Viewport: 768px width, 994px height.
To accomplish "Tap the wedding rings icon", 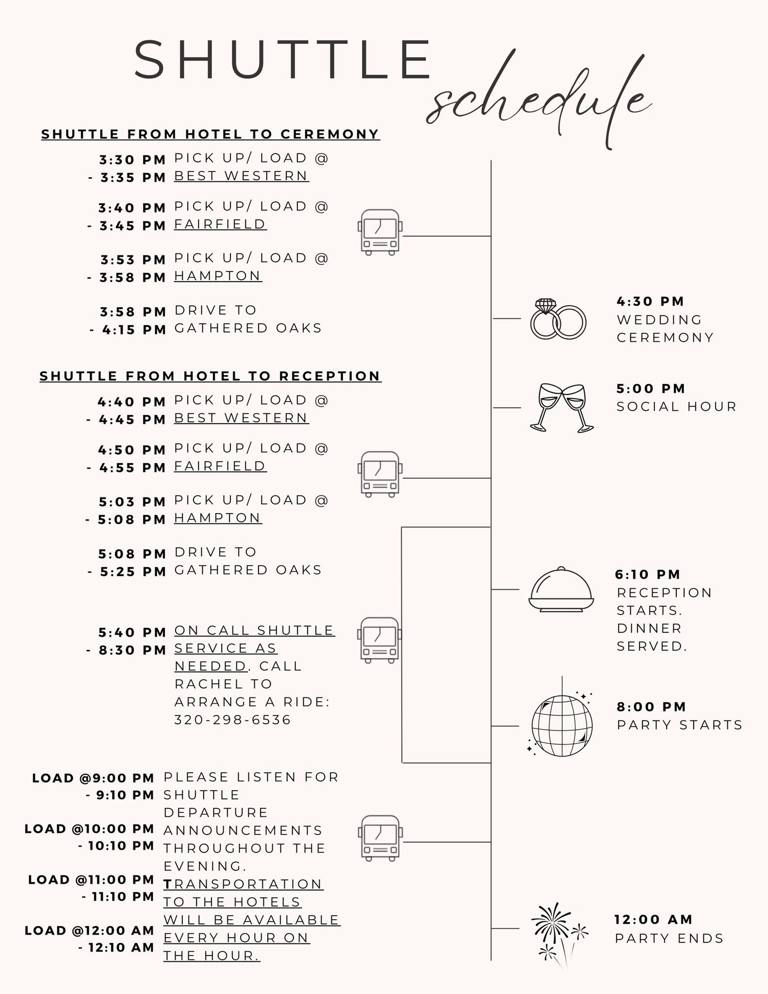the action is (558, 319).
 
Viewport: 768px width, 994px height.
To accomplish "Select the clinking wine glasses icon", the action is (562, 408).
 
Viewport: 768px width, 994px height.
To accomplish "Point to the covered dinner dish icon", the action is (561, 589).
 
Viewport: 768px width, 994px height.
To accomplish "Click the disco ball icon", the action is (561, 722).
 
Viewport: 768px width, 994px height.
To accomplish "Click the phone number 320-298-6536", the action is (232, 720).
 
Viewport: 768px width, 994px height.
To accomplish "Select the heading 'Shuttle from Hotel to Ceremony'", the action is (210, 134).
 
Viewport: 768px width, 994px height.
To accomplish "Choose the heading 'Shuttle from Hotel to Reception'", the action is (210, 376).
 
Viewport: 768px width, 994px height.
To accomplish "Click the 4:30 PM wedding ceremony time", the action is (650, 301).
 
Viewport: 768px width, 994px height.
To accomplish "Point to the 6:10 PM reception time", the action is (648, 575).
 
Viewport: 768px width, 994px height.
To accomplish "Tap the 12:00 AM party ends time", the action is (653, 919).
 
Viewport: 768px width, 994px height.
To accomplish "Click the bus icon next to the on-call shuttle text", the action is (379, 640).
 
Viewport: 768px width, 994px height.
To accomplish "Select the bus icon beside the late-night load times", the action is (379, 838).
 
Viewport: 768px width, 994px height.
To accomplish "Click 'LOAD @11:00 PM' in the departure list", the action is (91, 880).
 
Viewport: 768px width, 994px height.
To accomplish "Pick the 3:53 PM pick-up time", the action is (133, 260).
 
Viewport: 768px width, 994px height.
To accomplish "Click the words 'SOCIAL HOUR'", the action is (676, 407).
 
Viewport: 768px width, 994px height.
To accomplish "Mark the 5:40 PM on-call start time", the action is (132, 632).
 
